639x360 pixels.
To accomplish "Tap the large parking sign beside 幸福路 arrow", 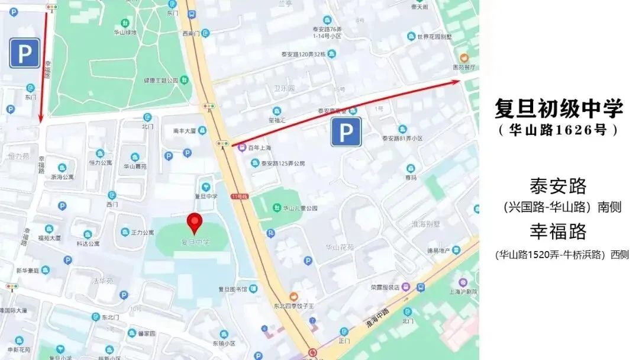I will [x=24, y=53].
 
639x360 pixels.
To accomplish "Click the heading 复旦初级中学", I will [x=559, y=108].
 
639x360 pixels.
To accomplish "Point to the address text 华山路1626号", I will [x=559, y=130].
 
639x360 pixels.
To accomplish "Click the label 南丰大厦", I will [x=183, y=130].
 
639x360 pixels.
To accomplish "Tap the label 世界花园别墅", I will [x=434, y=37].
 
